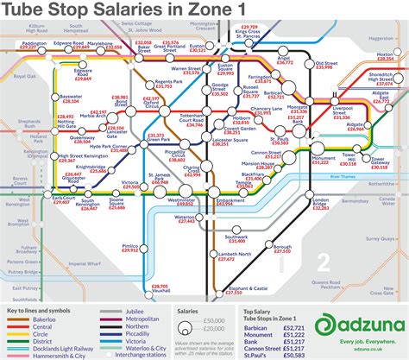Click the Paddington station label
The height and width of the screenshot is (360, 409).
(x=35, y=41)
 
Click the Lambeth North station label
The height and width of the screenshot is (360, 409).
(x=234, y=254)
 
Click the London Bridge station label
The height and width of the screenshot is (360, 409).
(x=320, y=202)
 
